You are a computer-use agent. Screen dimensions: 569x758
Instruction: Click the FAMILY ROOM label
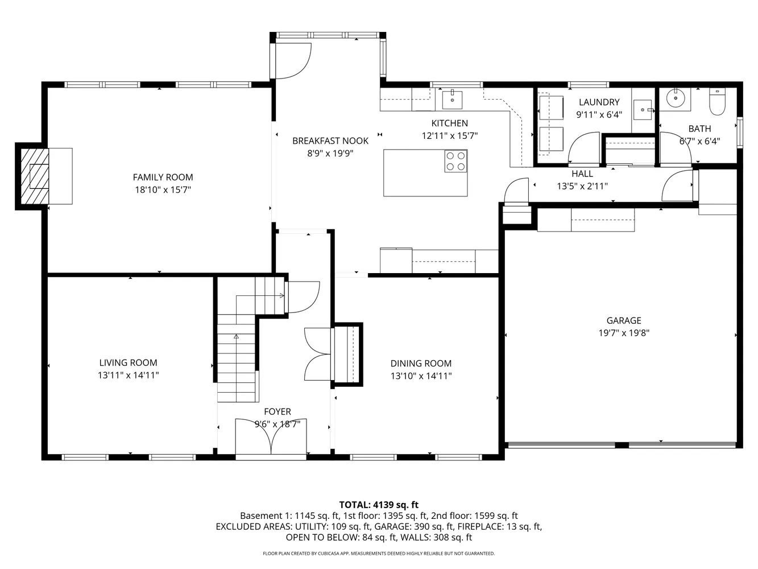click(x=163, y=178)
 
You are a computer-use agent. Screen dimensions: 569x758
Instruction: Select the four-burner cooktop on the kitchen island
click(x=455, y=161)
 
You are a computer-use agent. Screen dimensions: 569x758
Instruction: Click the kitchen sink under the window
click(x=452, y=99)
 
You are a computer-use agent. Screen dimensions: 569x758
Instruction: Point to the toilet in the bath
click(x=718, y=102)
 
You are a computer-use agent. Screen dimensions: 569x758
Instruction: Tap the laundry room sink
click(x=643, y=109)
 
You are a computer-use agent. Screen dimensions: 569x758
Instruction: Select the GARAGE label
click(x=623, y=321)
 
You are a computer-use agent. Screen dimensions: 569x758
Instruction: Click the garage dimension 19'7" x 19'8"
click(x=623, y=333)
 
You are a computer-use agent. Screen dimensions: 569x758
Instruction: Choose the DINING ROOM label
click(x=421, y=364)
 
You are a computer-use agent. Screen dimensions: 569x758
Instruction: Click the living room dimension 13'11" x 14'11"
click(x=128, y=376)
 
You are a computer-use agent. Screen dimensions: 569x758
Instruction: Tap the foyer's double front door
click(x=271, y=437)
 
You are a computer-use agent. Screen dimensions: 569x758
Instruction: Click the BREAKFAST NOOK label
click(x=330, y=141)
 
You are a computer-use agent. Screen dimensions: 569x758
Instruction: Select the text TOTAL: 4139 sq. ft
click(x=379, y=505)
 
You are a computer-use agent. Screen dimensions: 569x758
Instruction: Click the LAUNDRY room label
click(x=599, y=102)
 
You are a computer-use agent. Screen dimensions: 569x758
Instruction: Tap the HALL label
click(x=582, y=174)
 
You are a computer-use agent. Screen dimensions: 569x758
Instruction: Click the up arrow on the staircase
click(x=236, y=337)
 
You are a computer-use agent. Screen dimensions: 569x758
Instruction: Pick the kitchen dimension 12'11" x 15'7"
click(x=449, y=136)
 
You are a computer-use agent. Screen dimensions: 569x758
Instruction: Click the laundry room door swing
click(x=584, y=147)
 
